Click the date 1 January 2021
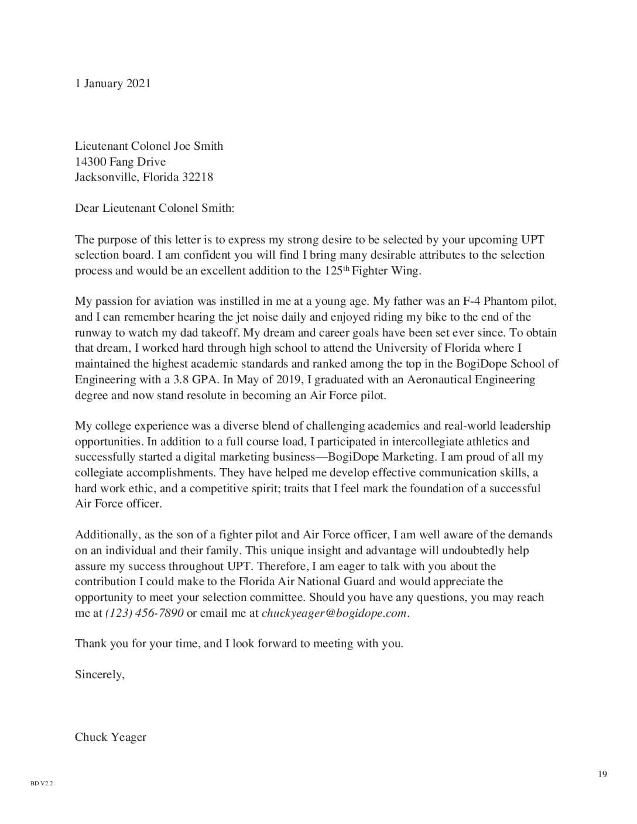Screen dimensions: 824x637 [112, 84]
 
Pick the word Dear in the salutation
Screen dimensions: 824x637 [87, 208]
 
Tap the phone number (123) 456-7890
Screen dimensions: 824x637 [144, 613]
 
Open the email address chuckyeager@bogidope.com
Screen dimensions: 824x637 [334, 613]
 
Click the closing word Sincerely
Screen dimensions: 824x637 [99, 675]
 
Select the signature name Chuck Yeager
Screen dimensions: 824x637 [110, 737]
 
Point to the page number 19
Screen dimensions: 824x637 [602, 775]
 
